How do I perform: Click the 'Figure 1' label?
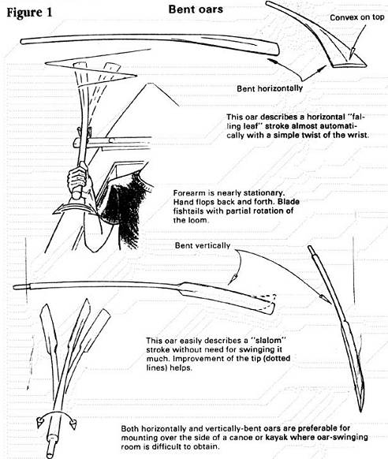pyautogui.click(x=29, y=13)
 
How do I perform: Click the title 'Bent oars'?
pyautogui.click(x=196, y=9)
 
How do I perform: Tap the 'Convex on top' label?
pyautogui.click(x=356, y=17)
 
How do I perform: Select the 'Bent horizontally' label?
pyautogui.click(x=270, y=88)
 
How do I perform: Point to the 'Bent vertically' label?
pyautogui.click(x=203, y=245)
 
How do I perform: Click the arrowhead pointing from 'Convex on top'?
pyautogui.click(x=353, y=52)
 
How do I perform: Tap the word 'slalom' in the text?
pyautogui.click(x=267, y=341)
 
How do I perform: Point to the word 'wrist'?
pyautogui.click(x=357, y=135)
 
